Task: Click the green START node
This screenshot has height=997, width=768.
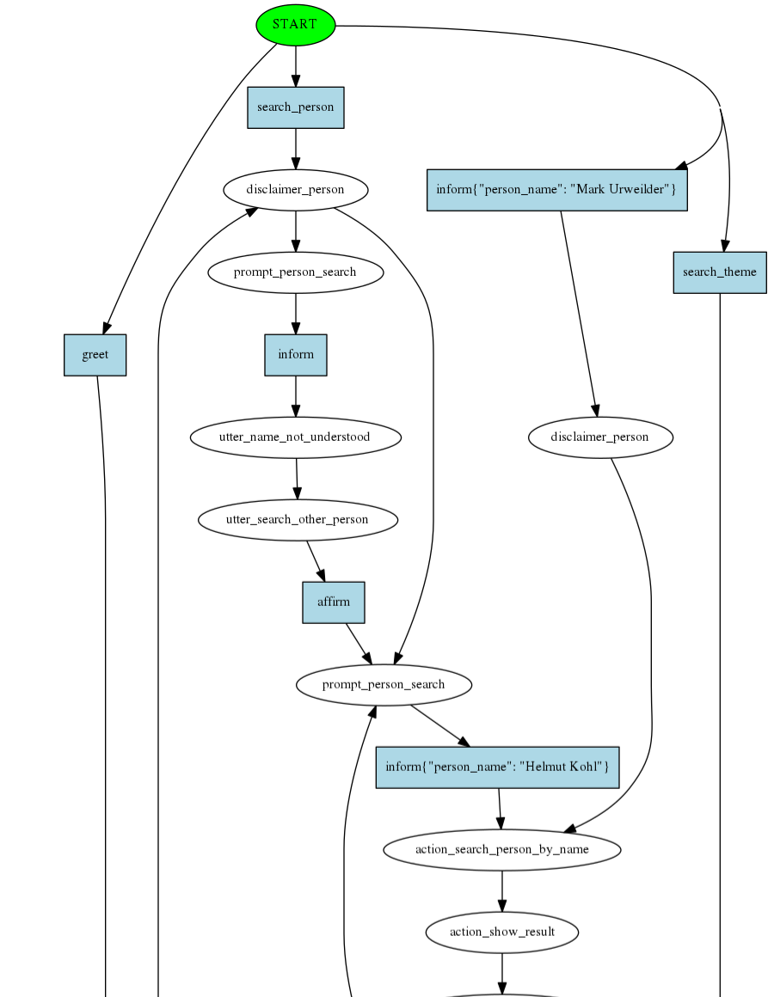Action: (x=295, y=24)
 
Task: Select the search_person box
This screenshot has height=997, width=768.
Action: (x=296, y=107)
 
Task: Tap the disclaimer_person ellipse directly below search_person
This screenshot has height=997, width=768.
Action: (x=296, y=190)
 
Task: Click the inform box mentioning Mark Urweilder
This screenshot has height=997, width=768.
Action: (x=557, y=190)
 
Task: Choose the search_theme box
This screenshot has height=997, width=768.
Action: (x=720, y=272)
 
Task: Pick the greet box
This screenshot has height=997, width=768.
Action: (x=95, y=355)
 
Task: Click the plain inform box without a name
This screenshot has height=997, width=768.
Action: (x=296, y=355)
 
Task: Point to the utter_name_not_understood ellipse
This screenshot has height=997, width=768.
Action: (x=295, y=437)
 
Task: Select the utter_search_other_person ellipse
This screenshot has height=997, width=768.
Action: (x=298, y=520)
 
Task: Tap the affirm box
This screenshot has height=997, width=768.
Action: (x=334, y=602)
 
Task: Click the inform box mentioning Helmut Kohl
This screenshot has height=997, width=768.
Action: (x=497, y=767)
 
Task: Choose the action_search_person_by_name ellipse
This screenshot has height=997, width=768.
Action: (x=502, y=849)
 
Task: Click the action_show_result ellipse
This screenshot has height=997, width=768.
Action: (x=502, y=932)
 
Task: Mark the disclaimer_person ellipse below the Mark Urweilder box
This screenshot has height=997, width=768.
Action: (x=600, y=437)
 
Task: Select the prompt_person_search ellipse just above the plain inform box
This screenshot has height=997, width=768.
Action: (x=295, y=272)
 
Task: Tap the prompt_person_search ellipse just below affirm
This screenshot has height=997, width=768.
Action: (x=384, y=685)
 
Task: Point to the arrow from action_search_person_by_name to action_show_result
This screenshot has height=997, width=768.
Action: (x=502, y=890)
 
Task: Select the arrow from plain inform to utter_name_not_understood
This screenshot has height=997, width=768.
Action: (x=296, y=396)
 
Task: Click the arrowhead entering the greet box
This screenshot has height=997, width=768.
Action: (x=106, y=327)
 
